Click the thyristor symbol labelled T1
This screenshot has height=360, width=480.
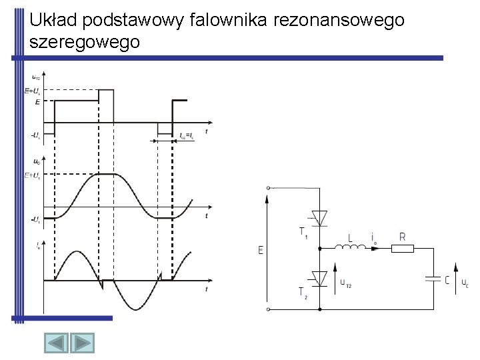point(319,217)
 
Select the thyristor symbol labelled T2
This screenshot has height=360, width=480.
point(319,277)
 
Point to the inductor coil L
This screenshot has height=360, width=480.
point(349,249)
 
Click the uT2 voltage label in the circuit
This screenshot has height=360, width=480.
point(346,283)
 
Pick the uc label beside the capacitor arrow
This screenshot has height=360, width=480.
point(465,283)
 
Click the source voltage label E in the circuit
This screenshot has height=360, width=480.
point(260,250)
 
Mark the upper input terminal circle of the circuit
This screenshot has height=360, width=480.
point(268,189)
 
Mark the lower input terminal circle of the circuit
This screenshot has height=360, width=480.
point(268,309)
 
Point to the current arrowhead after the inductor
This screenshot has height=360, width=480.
point(375,249)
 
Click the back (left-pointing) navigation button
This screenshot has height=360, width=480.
point(57,345)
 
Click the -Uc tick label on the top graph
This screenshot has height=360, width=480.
point(35,135)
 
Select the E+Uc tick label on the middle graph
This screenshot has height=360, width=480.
point(32,175)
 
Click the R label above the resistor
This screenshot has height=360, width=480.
point(402,236)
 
